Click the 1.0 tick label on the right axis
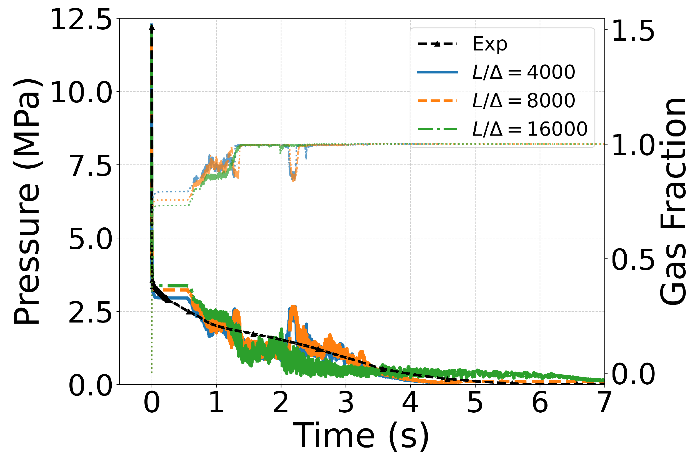633,145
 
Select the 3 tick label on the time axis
346,403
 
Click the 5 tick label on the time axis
475,403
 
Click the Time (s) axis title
361,435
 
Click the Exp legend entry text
490,44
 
